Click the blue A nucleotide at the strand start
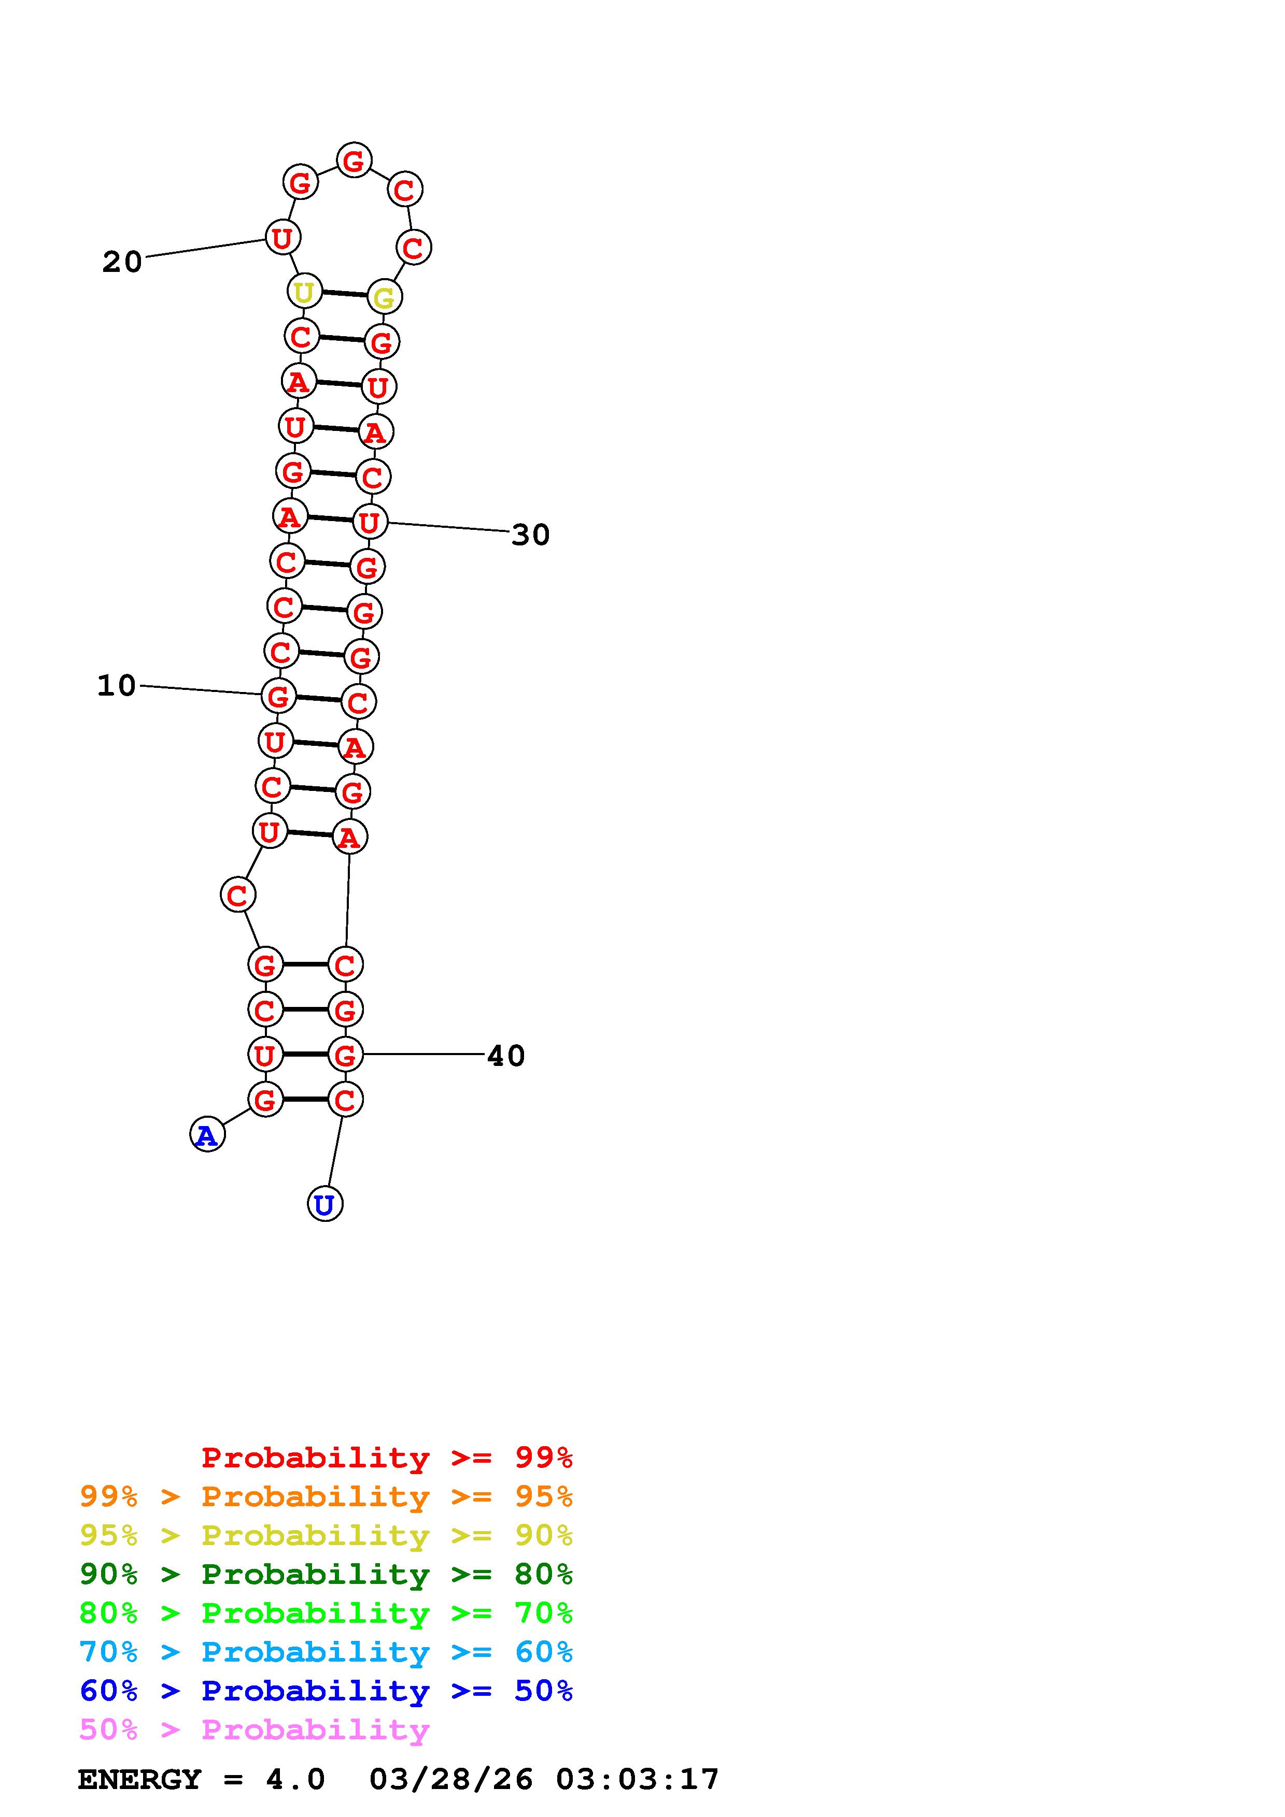207,1135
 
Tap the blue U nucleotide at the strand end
324,1204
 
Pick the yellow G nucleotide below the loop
385,297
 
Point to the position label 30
530,535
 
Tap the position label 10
117,685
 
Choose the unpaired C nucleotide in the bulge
237,895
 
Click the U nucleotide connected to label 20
283,237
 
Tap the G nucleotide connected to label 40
345,1054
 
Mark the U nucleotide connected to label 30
370,522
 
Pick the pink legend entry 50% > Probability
254,1730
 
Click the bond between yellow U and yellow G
344,294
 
